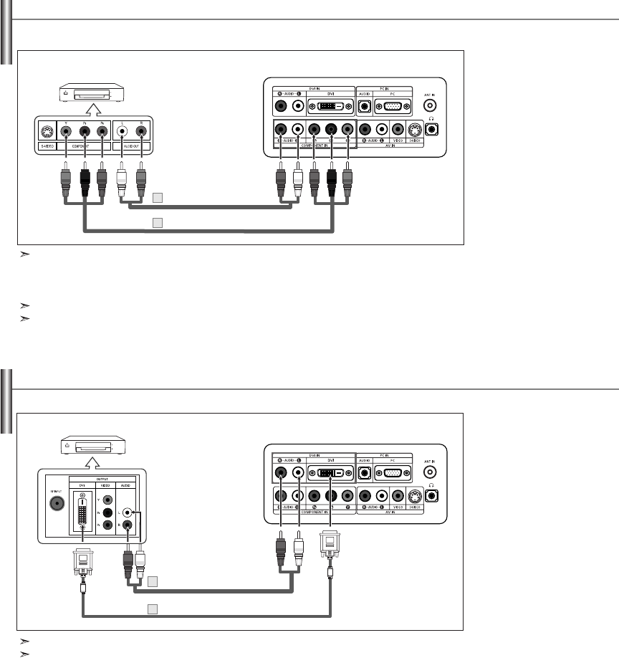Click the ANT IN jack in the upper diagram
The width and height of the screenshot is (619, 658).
click(x=429, y=105)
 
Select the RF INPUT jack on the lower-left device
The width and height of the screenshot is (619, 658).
click(x=54, y=502)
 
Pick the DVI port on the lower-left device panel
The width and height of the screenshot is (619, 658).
click(x=84, y=512)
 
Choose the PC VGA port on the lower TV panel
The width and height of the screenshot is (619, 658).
click(x=393, y=473)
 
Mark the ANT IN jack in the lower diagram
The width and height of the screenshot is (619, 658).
click(x=429, y=472)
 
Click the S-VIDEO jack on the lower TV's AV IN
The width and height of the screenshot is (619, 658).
click(x=413, y=496)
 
